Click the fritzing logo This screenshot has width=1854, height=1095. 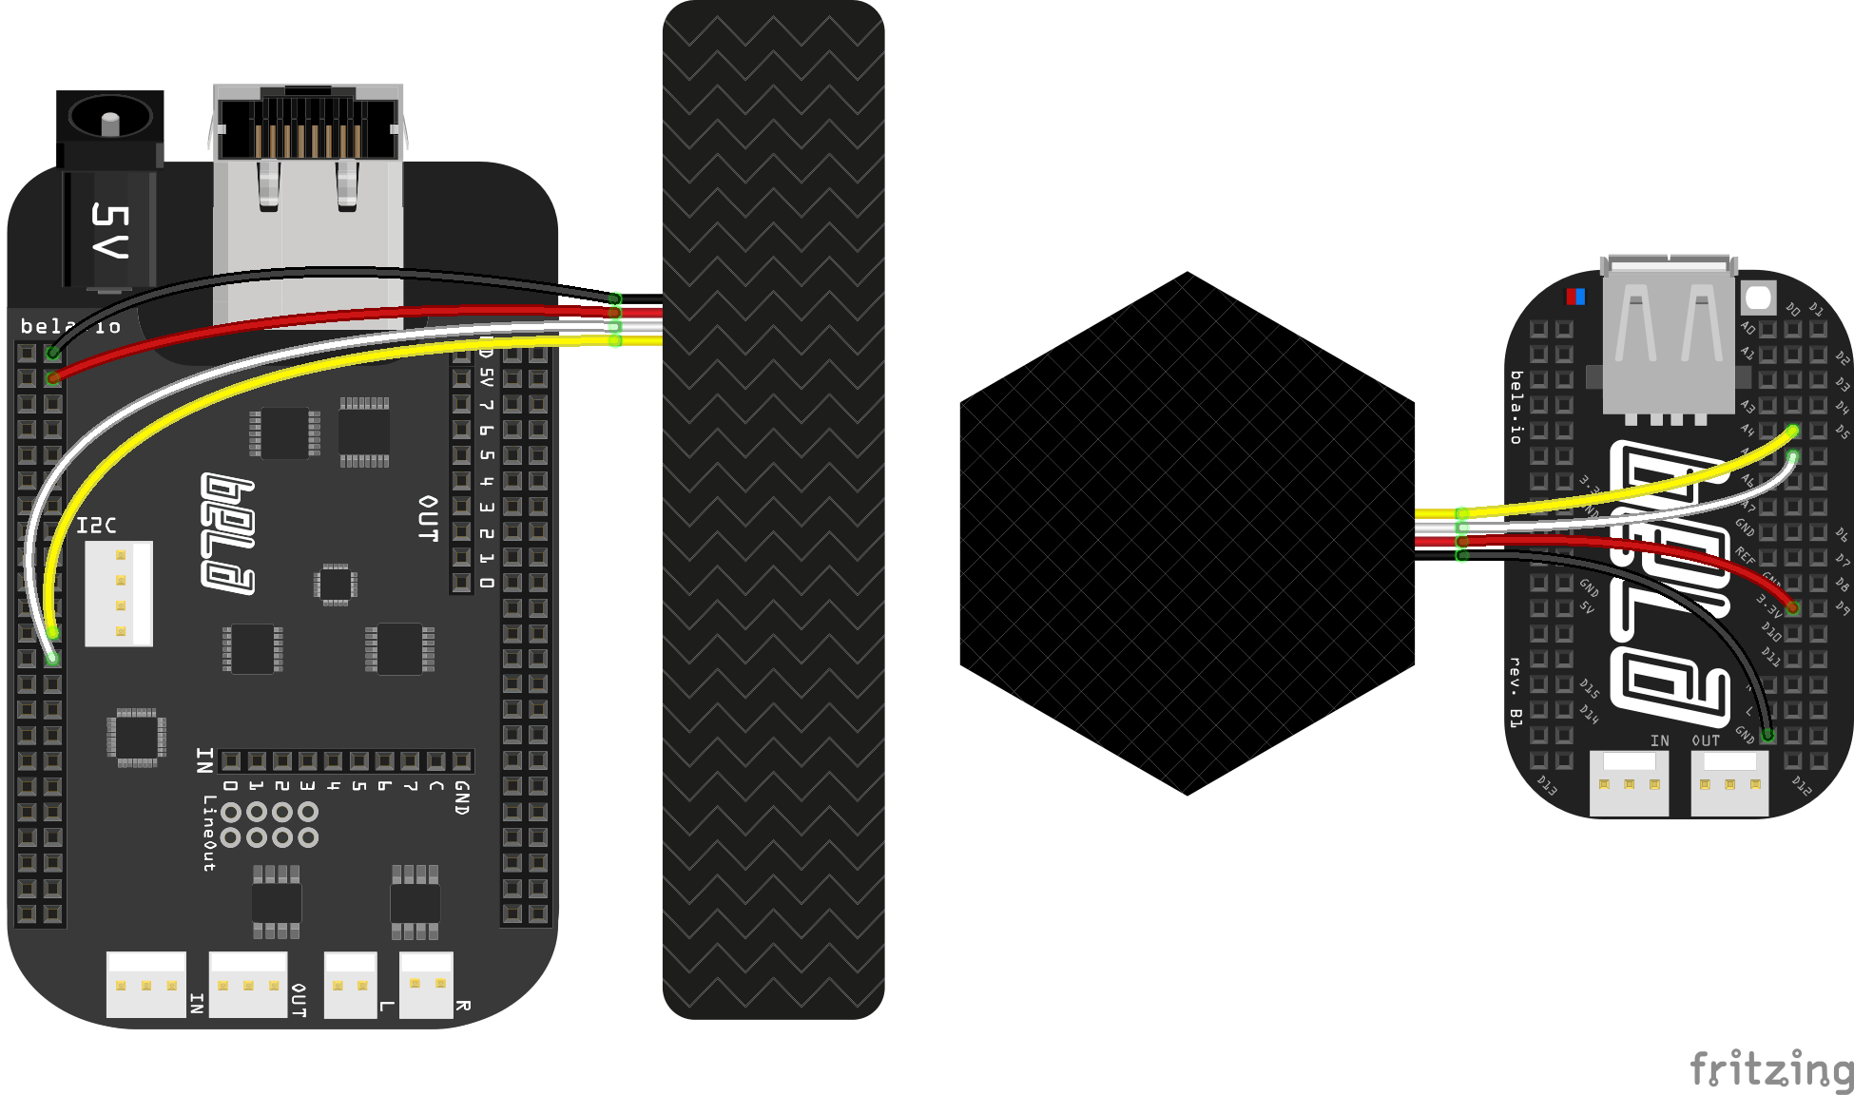coord(1771,1070)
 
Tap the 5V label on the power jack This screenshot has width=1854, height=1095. coord(108,231)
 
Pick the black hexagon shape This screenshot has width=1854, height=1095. coord(1187,532)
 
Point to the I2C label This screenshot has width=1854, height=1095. coord(96,526)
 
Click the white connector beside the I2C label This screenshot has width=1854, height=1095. coord(119,593)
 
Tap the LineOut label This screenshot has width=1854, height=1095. coord(208,833)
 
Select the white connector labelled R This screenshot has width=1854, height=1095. coord(426,985)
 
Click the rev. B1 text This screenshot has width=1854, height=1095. coord(1516,692)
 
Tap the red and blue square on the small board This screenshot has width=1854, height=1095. coord(1575,297)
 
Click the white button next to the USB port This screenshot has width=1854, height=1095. coord(1758,298)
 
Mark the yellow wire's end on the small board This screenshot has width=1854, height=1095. coord(1792,431)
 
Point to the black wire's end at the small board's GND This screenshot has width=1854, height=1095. coord(1767,735)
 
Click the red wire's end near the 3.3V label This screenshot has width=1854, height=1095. coord(1792,607)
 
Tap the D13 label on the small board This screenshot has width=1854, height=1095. coord(1547,785)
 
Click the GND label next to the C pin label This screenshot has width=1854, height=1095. coord(461,797)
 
